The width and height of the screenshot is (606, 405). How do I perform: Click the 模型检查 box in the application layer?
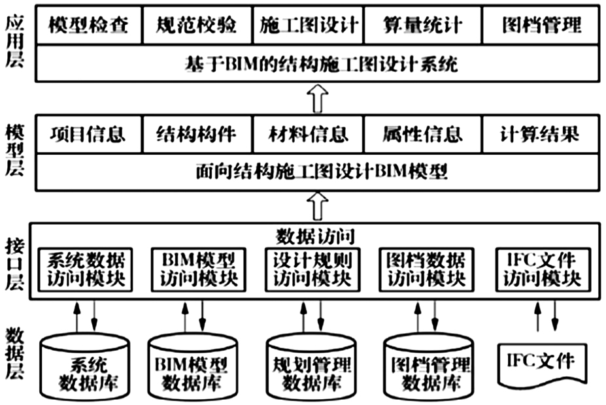coord(89,25)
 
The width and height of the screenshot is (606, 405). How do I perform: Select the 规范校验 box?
coord(197,25)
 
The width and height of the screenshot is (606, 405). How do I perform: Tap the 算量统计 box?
coord(423,25)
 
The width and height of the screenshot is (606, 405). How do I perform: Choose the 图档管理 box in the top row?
coord(541,25)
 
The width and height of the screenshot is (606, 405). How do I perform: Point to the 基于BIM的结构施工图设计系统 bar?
coord(318,64)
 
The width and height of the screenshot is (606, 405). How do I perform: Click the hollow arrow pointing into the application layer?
coord(318,99)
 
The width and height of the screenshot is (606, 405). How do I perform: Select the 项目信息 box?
coord(89,134)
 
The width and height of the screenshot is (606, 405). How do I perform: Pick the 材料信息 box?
coord(308,134)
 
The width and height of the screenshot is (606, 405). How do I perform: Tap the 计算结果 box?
coord(541,134)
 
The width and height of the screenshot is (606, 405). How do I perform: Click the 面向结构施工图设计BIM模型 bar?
coord(318,172)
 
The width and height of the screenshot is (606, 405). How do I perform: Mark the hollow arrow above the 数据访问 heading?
coord(318,207)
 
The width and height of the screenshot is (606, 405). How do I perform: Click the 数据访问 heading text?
coord(315,236)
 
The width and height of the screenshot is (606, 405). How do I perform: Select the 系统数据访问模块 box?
coord(86,270)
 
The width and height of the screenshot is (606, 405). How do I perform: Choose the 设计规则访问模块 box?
coord(312,270)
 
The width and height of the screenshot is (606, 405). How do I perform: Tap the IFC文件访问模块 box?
coord(543,270)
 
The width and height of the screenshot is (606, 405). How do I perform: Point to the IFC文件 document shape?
coord(542,364)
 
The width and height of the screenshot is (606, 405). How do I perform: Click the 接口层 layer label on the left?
coord(14,264)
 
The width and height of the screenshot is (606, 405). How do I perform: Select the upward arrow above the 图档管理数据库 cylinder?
coord(418,317)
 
